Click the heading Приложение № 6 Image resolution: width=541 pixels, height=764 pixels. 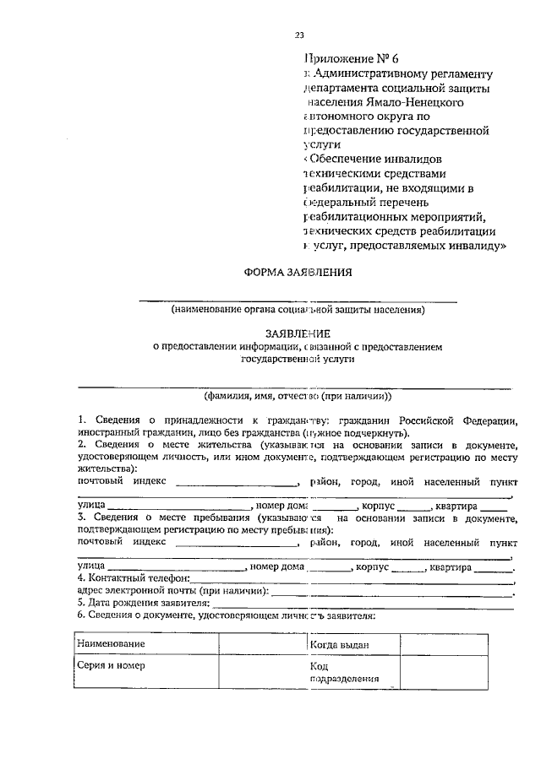click(x=348, y=59)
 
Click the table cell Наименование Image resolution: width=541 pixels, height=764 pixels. click(x=110, y=644)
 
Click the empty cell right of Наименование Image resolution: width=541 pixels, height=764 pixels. click(x=260, y=644)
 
